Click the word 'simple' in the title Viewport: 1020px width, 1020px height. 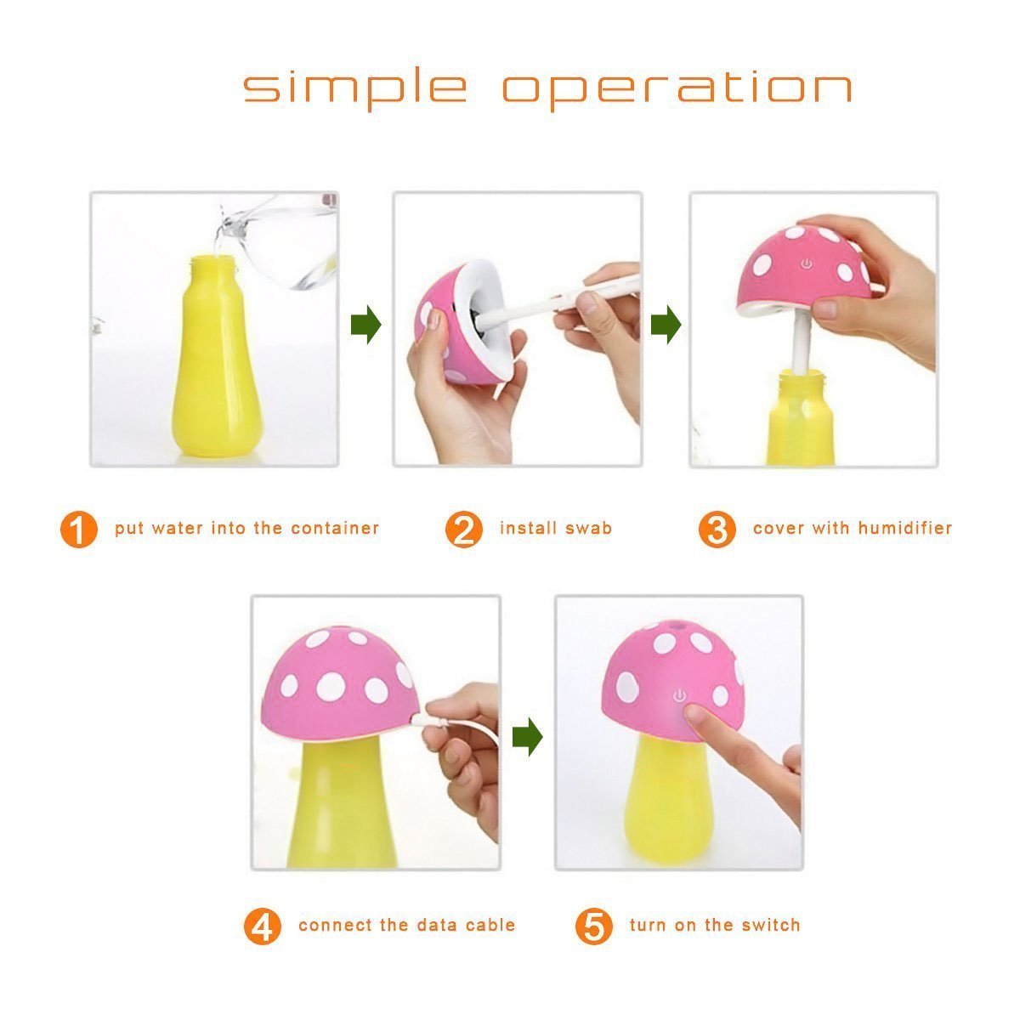(355, 88)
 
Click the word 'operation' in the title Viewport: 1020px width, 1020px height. (677, 88)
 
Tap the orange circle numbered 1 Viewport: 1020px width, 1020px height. (78, 529)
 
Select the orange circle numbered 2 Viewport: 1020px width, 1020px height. (463, 529)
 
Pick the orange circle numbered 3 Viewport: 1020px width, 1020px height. (717, 529)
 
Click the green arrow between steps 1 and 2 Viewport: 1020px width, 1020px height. (365, 324)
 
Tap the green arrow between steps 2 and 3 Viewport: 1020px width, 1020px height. (666, 324)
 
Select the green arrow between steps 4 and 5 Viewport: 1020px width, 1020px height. (527, 736)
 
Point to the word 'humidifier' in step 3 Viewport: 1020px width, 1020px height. (904, 528)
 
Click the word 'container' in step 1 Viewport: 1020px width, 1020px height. (335, 528)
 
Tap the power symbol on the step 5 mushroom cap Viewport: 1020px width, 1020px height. (680, 695)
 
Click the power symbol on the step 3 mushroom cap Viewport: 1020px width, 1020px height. (806, 263)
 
